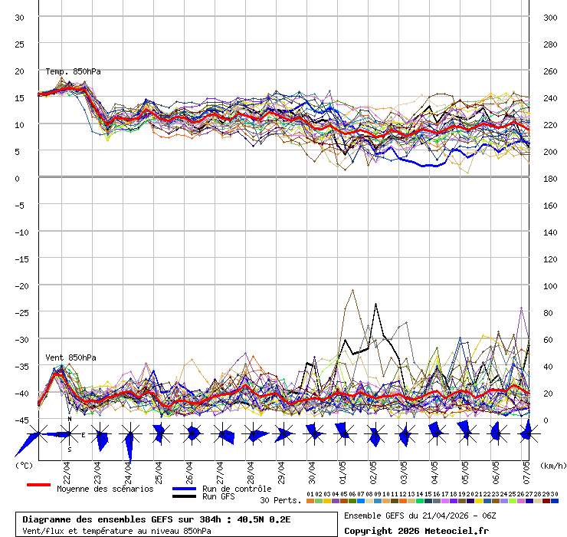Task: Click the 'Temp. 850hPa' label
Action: pyautogui.click(x=73, y=71)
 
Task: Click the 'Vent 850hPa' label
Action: pyautogui.click(x=70, y=357)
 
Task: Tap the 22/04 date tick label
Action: pyautogui.click(x=67, y=469)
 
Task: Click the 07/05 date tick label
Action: pyautogui.click(x=526, y=469)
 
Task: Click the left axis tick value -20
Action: pyautogui.click(x=20, y=285)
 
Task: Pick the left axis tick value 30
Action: pyautogui.click(x=21, y=17)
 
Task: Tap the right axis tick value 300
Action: pyautogui.click(x=549, y=17)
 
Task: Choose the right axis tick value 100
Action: pyautogui.click(x=549, y=285)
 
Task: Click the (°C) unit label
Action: pyautogui.click(x=24, y=465)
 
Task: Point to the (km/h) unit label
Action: pyautogui.click(x=552, y=465)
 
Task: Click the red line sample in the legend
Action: pyautogui.click(x=38, y=485)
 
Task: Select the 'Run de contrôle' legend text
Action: pyautogui.click(x=237, y=489)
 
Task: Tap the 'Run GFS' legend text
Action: pyautogui.click(x=218, y=497)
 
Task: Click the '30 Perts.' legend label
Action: pyautogui.click(x=280, y=500)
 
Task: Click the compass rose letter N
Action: pyautogui.click(x=69, y=419)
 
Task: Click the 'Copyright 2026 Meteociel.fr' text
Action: pyautogui.click(x=416, y=530)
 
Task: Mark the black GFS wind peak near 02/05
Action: pyautogui.click(x=375, y=305)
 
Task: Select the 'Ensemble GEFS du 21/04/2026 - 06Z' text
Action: pyautogui.click(x=421, y=516)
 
